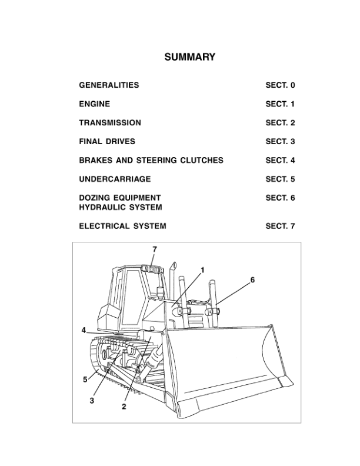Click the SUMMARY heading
(189, 57)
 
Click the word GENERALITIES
(109, 85)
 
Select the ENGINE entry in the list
(94, 104)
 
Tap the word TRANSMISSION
(110, 123)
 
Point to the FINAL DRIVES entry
(107, 142)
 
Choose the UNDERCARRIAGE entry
(115, 179)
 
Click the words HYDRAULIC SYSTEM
(121, 207)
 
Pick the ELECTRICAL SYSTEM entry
(122, 226)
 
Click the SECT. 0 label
(280, 85)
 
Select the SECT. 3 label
(280, 142)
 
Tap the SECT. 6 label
(280, 198)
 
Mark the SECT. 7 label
(280, 226)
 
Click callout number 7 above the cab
(155, 249)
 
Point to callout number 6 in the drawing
(252, 280)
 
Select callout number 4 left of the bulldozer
(84, 330)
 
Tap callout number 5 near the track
(85, 380)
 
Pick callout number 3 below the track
(92, 401)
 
